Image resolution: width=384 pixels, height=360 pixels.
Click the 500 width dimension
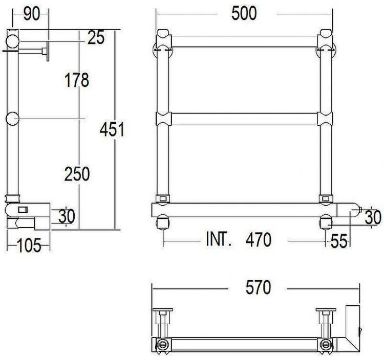(x=244, y=14)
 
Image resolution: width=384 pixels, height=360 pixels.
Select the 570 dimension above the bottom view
(x=258, y=288)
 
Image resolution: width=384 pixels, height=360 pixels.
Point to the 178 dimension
(x=77, y=80)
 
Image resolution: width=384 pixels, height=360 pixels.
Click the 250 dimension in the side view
(x=77, y=174)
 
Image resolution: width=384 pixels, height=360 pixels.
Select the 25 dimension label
(x=96, y=37)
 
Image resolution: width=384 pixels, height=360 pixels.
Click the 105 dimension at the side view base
(x=29, y=246)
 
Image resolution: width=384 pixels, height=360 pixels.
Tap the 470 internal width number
(x=259, y=240)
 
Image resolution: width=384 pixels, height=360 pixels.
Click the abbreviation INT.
(x=219, y=239)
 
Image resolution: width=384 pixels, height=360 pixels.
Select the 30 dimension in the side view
(x=67, y=217)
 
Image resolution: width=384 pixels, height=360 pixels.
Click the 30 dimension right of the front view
(x=373, y=217)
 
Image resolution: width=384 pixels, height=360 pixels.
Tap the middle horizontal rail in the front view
(x=244, y=119)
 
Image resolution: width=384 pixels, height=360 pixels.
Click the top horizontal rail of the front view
(x=244, y=41)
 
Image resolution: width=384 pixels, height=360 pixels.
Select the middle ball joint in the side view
(x=12, y=119)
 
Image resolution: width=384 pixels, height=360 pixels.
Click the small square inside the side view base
(x=23, y=209)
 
